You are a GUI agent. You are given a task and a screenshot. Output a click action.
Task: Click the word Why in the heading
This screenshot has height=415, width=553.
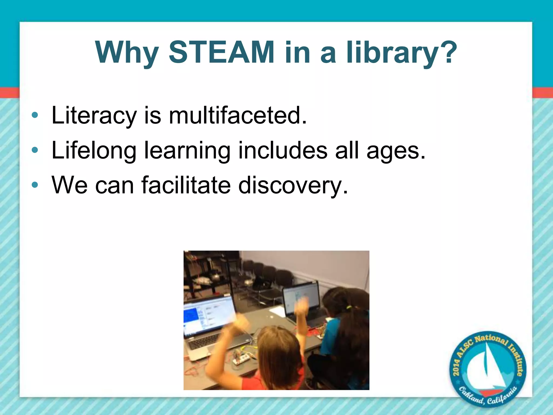[x=127, y=53]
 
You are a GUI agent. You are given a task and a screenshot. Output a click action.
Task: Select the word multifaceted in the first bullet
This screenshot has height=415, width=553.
[x=238, y=115]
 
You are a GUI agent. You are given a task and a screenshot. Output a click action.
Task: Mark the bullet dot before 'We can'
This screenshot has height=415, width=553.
[x=35, y=185]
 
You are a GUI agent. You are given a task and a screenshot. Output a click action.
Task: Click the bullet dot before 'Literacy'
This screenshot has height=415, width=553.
[x=35, y=115]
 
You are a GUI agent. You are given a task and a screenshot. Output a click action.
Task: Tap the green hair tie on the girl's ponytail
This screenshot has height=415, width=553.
[x=350, y=307]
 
